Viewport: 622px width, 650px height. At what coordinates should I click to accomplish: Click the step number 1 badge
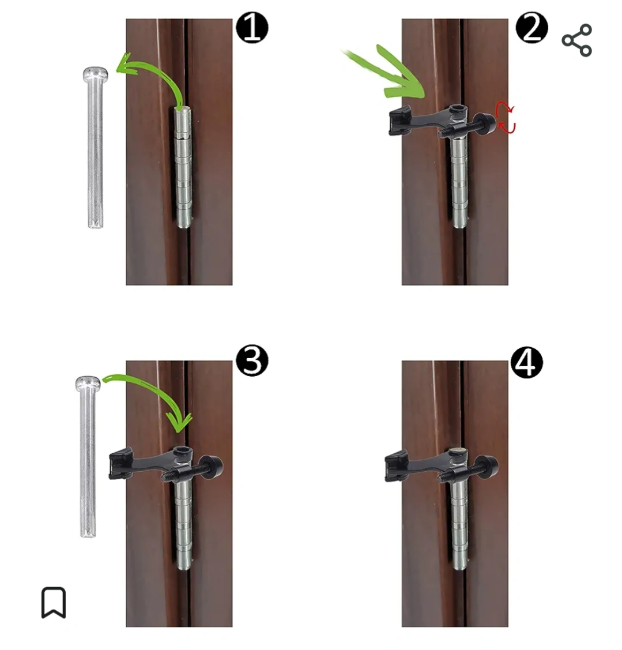pos(252,28)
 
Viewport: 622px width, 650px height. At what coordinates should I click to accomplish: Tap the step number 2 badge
pos(531,28)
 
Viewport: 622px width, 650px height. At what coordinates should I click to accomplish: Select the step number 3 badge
pos(252,361)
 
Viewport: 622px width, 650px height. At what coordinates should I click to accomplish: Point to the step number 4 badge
pos(527,363)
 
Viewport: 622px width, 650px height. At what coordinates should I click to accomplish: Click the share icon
pos(577,40)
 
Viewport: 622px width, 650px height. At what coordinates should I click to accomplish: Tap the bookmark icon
pos(54,602)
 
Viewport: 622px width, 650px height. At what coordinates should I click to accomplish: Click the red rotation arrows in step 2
pos(506,117)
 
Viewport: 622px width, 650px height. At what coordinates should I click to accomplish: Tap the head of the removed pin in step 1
pos(95,74)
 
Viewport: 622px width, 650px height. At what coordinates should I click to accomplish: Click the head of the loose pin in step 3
pos(88,384)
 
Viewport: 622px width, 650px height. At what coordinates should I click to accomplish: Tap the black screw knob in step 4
pos(487,466)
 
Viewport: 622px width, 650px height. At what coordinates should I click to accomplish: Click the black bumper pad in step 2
pos(399,121)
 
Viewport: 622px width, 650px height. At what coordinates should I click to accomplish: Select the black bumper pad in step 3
pos(120,464)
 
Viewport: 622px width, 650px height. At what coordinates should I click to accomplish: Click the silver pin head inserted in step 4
pos(458,450)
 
